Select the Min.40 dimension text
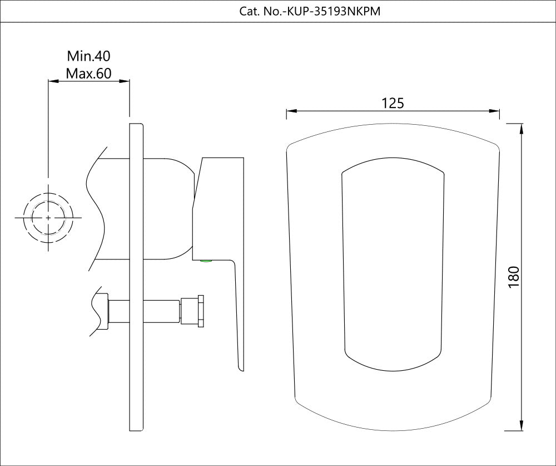point(89,56)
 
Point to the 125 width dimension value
point(393,103)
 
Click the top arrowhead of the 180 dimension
point(522,128)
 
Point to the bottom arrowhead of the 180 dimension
point(522,426)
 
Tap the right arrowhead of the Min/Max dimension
point(126,81)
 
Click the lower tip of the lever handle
point(241,367)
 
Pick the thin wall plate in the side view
point(137,278)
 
